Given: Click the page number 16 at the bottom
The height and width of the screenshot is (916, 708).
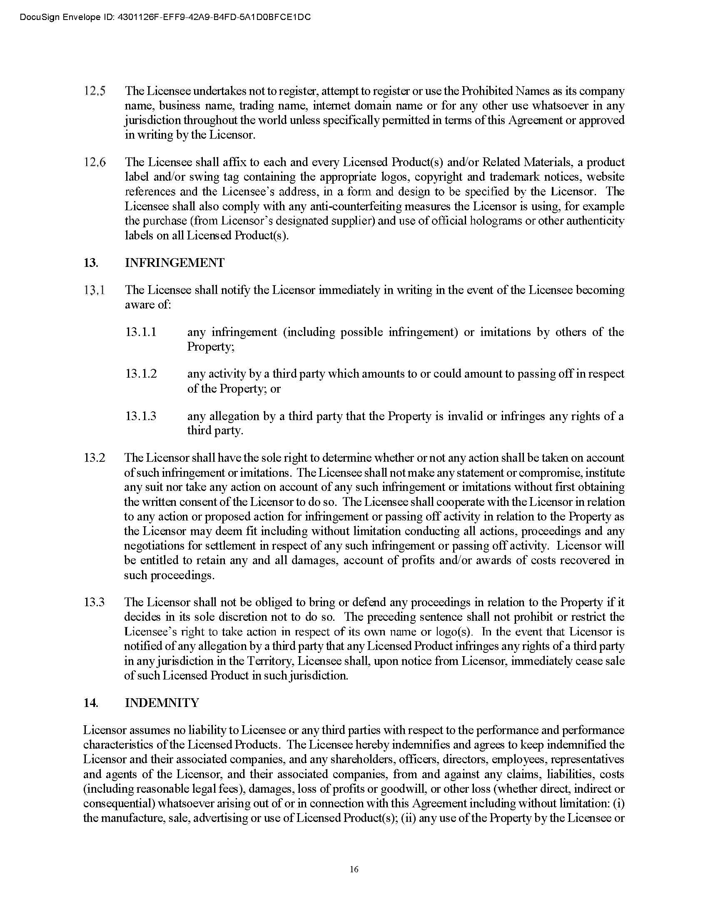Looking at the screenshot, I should (x=354, y=869).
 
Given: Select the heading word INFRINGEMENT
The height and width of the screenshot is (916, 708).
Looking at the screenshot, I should (x=175, y=263).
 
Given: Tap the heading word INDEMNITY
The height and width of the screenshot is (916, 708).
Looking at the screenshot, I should (x=162, y=703).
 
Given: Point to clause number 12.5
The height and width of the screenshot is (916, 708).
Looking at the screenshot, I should (x=95, y=91).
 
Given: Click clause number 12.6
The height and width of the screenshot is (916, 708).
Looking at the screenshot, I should (x=95, y=162).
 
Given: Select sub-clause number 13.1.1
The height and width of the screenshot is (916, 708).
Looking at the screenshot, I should (x=141, y=332).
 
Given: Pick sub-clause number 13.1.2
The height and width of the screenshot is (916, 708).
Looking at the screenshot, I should (x=141, y=374).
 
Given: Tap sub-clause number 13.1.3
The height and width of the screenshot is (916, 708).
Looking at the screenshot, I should (x=141, y=416).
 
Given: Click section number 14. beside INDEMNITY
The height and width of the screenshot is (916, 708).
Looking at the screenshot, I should (x=91, y=703).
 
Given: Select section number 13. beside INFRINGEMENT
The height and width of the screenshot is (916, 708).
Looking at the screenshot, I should (x=91, y=263).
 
